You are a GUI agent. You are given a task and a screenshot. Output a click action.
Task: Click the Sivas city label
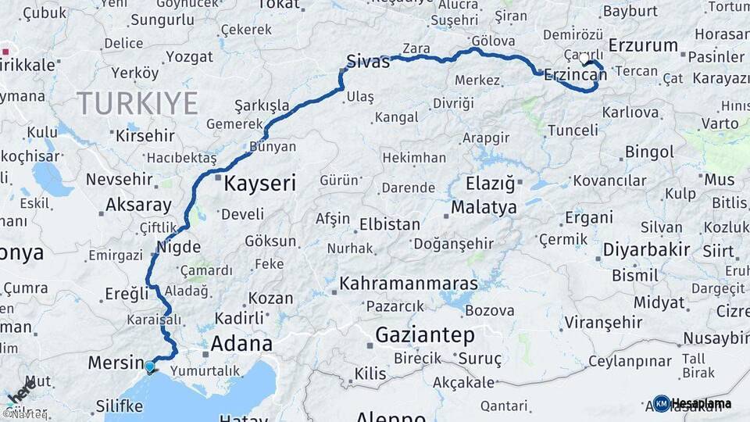coord(368,62)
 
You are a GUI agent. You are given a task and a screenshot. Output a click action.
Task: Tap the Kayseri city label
coord(260,184)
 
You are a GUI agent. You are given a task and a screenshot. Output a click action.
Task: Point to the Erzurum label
coord(643,45)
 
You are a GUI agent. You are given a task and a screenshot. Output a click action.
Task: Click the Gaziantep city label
coord(425,335)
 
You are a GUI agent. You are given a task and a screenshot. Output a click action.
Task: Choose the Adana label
coord(243,343)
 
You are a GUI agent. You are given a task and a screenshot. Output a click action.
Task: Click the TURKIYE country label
coord(137,102)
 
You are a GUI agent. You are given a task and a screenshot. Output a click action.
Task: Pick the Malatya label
coord(484,208)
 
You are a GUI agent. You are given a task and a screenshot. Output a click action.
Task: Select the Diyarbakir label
coord(646,250)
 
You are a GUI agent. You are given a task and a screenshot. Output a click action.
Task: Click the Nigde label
coord(179,247)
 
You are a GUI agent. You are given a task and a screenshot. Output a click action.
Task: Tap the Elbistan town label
coord(389,224)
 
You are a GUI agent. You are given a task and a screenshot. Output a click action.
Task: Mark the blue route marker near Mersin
coord(149,366)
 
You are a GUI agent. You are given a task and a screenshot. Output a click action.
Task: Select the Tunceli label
coord(573,130)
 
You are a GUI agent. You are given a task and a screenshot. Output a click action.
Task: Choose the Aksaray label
coord(138,206)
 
